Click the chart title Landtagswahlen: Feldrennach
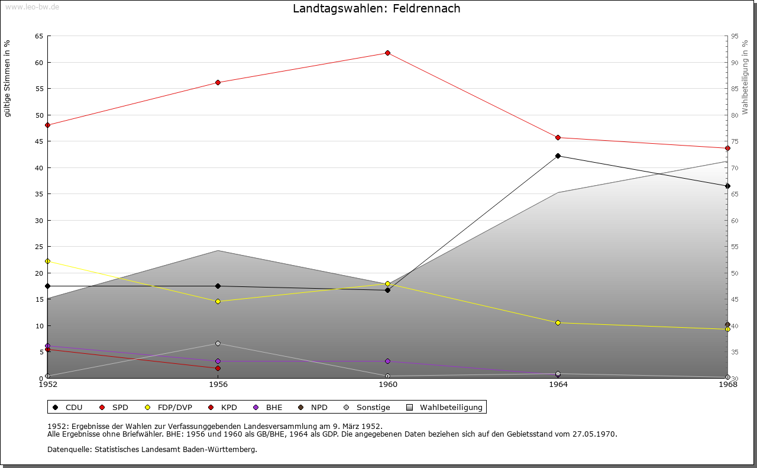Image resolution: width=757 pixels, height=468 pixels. pos(376,8)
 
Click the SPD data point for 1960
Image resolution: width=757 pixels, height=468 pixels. pos(387,53)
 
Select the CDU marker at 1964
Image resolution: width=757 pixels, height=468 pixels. pos(558,156)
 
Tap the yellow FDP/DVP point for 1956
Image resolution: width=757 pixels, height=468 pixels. pos(218,301)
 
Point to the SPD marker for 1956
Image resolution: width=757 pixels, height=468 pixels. pos(218,82)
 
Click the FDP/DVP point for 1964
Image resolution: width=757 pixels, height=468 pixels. pos(558,322)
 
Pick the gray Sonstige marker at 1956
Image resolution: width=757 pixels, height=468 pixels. pos(218,343)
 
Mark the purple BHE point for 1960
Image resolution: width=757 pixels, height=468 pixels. pos(387,361)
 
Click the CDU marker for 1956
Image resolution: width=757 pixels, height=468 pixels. pos(218,286)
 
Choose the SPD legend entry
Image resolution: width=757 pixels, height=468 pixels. pos(115,407)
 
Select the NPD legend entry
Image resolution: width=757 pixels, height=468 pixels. pos(313,407)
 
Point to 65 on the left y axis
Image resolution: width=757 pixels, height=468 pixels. pos(38,36)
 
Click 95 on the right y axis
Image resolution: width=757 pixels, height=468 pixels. pos(735,36)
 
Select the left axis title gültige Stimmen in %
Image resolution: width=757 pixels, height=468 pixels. pos(7,78)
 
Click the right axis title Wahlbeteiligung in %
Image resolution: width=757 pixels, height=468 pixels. pos(745,77)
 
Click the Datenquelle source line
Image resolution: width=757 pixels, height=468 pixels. pos(152,449)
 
